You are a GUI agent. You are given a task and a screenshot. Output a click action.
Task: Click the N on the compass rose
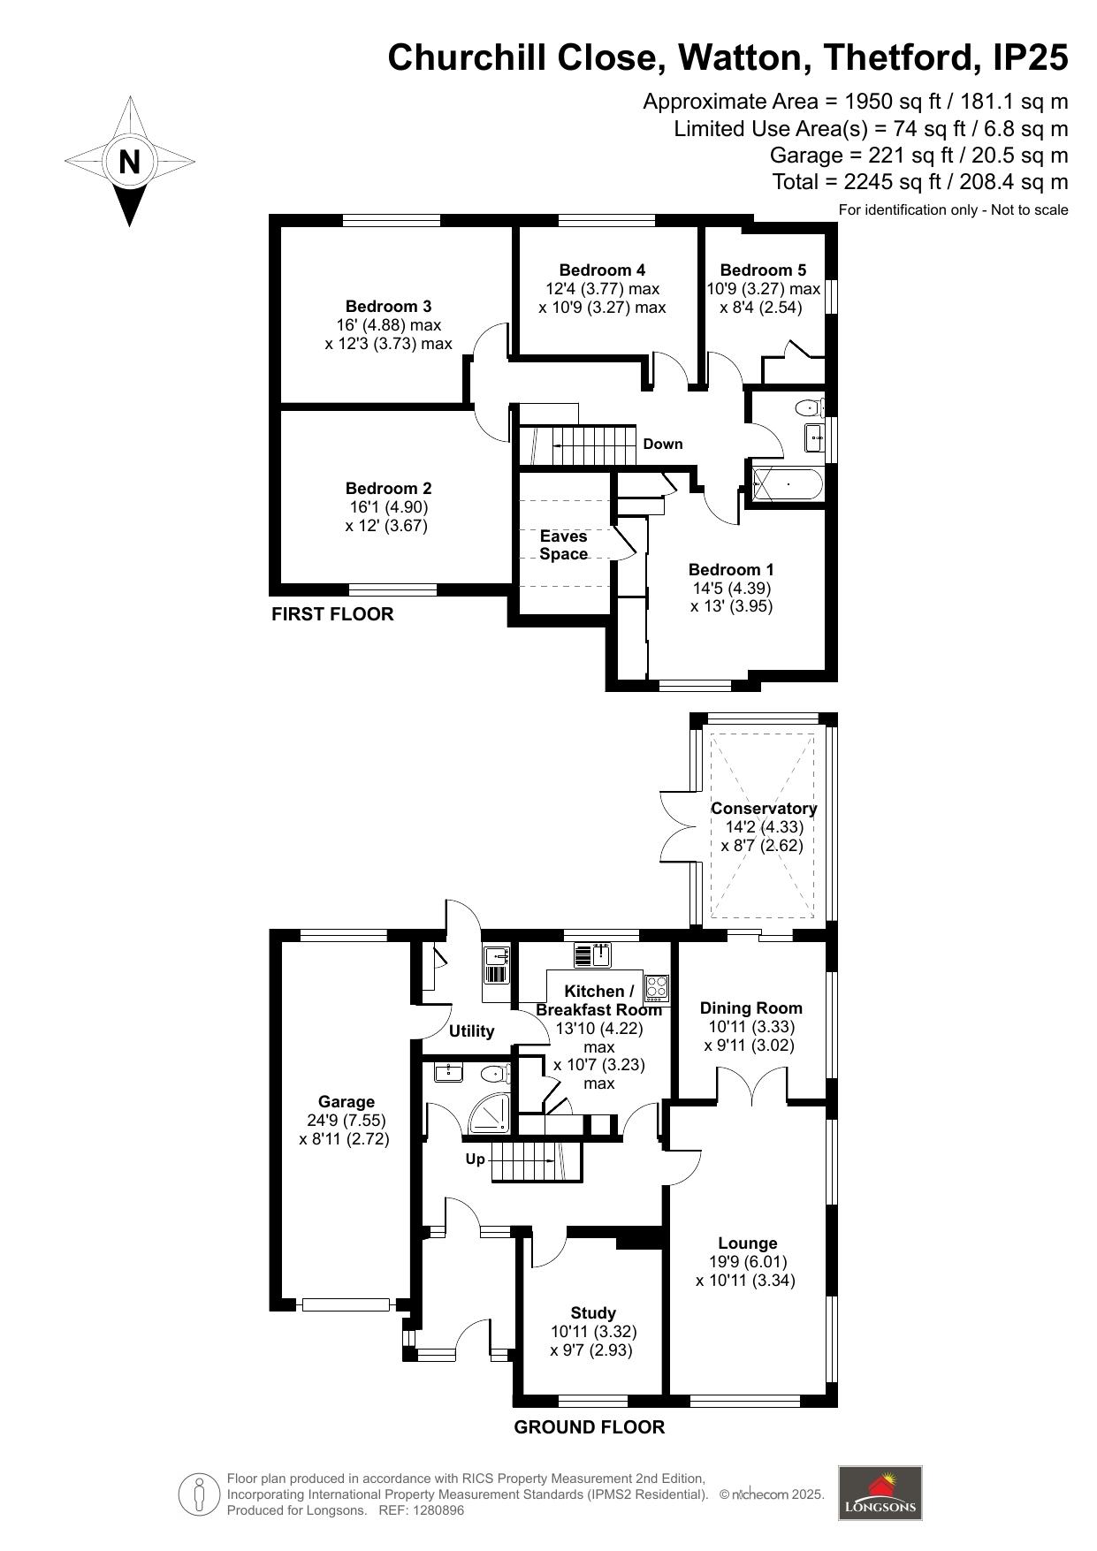[130, 163]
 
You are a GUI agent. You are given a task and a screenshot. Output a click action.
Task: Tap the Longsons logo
[880, 1493]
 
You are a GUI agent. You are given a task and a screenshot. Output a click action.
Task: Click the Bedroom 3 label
[388, 307]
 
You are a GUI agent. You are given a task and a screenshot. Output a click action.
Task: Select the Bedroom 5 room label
[763, 270]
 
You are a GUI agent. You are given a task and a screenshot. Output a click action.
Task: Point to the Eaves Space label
[564, 545]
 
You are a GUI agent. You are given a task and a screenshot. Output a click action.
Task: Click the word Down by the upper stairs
[663, 444]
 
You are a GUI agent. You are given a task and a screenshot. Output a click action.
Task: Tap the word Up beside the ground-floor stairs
[476, 1159]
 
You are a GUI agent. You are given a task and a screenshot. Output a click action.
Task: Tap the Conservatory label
[764, 809]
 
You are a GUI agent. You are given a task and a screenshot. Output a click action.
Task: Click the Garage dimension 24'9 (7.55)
[346, 1121]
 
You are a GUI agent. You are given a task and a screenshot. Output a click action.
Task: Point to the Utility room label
[472, 1031]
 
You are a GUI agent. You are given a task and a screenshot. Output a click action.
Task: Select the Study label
[593, 1313]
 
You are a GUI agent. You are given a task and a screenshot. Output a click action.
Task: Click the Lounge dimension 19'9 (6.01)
[747, 1262]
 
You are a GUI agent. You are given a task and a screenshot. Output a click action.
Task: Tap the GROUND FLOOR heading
[590, 1427]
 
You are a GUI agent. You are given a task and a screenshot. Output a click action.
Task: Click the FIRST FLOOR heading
[332, 614]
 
